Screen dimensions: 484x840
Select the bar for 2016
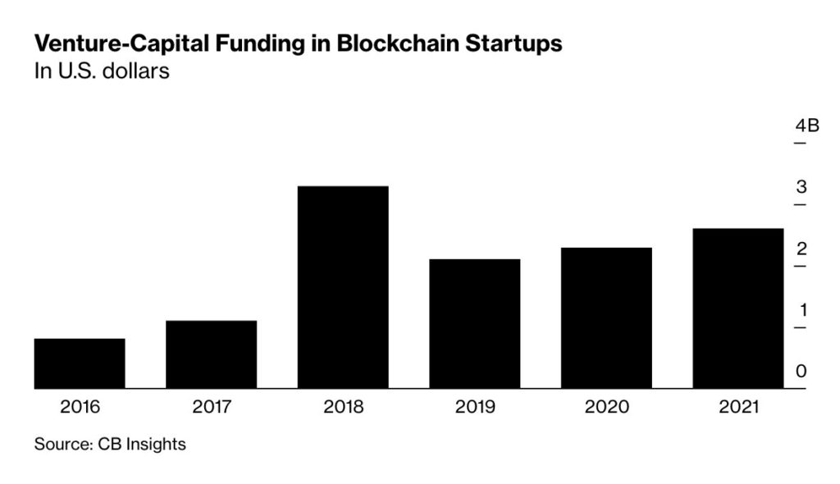click(80, 363)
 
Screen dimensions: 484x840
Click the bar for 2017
click(211, 354)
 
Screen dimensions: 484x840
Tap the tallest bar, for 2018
click(343, 287)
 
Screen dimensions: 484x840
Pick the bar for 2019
click(474, 324)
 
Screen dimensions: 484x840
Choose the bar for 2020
click(606, 318)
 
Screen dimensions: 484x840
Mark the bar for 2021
click(737, 308)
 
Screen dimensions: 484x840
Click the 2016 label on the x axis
click(80, 406)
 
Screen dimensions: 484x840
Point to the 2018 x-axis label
click(343, 406)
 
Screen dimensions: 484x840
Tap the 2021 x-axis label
click(737, 406)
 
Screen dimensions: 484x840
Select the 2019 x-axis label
click(474, 406)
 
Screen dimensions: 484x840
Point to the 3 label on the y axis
click(801, 187)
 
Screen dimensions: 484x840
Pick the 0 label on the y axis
click(801, 372)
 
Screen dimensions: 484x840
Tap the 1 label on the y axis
click(801, 310)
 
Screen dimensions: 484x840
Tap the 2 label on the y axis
click(801, 249)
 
